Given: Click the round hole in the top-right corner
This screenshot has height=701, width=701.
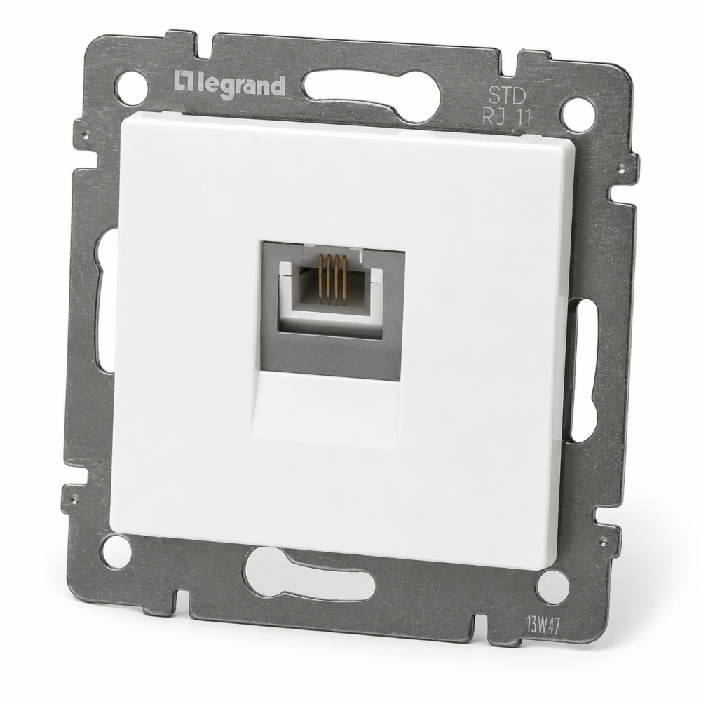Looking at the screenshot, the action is (577, 111).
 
